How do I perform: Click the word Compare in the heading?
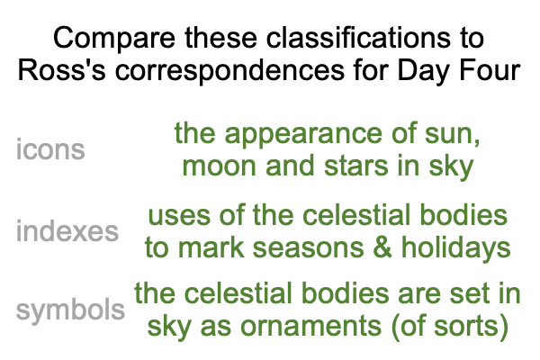point(114,38)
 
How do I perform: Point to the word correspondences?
point(229,71)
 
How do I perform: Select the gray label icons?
point(50,149)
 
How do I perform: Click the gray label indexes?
point(67,229)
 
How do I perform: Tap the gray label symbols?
point(70,310)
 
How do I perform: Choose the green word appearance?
point(303,134)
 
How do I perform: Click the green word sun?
point(452,134)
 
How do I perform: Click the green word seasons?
point(308,248)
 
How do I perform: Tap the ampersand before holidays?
point(382,247)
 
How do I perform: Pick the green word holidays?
point(456,248)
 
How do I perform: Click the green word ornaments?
point(310,325)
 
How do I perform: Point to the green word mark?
point(211,247)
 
